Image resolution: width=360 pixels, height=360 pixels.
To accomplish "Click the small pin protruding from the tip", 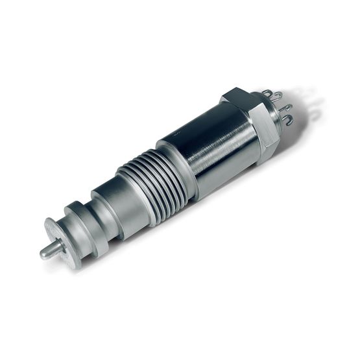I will click(x=49, y=250).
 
